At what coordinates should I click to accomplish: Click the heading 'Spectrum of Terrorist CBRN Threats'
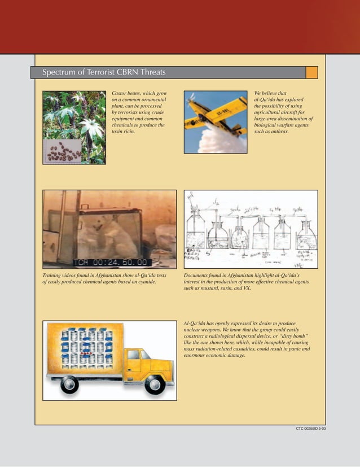pyautogui.click(x=104, y=73)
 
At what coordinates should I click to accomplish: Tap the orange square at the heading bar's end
pyautogui.click(x=311, y=72)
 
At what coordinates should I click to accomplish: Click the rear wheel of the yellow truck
pyautogui.click(x=70, y=384)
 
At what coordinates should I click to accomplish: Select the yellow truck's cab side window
pyautogui.click(x=134, y=355)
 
